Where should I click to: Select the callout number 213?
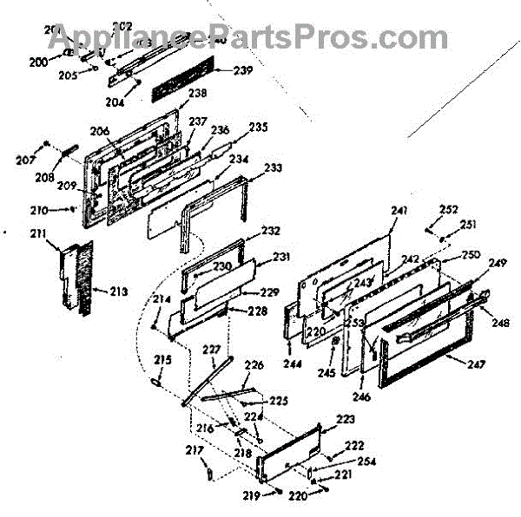click(x=119, y=291)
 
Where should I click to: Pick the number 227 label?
click(x=211, y=350)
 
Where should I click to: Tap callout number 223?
click(x=346, y=419)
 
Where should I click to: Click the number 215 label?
click(x=162, y=359)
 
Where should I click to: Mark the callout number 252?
click(x=448, y=210)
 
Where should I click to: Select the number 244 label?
click(x=293, y=364)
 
